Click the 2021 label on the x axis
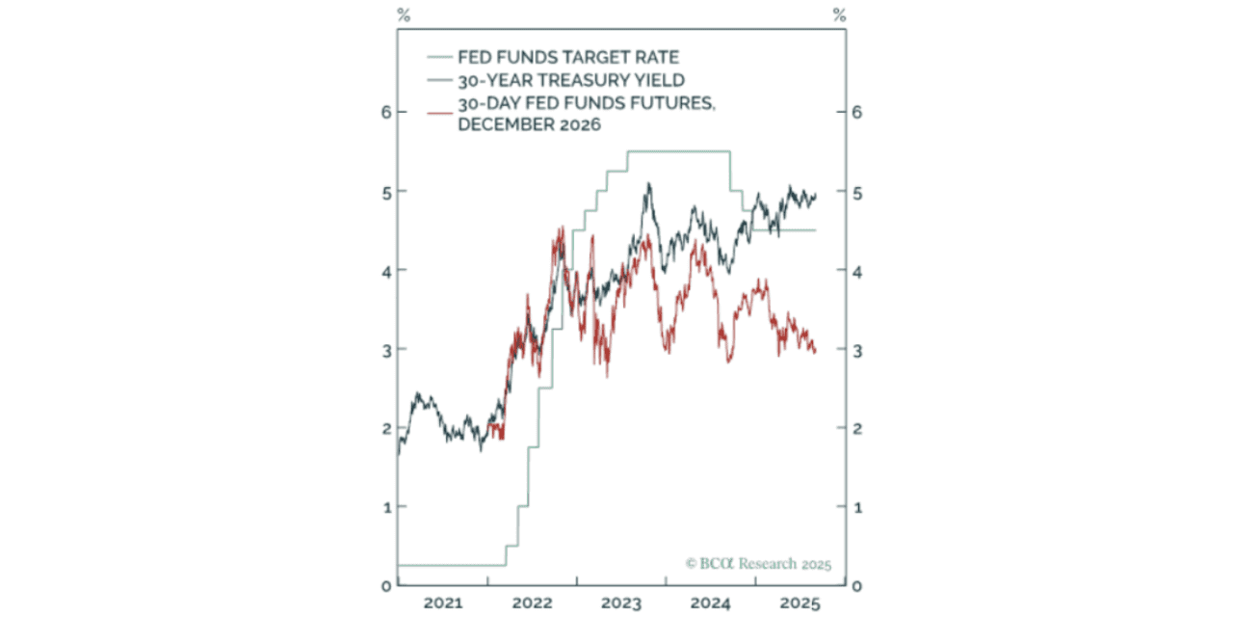442,604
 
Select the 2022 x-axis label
532,604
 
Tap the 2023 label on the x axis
621,604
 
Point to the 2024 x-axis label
711,604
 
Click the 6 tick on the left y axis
385,112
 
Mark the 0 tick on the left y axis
385,585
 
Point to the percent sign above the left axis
403,14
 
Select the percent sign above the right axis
840,14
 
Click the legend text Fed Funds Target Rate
568,58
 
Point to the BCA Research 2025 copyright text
758,564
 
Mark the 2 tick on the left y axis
385,428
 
